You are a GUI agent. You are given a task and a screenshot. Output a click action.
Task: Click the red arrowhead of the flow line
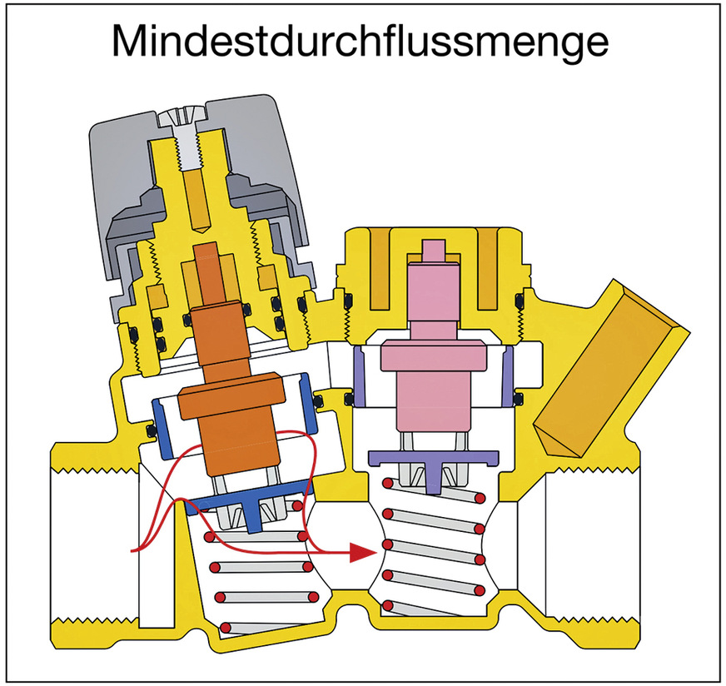pyautogui.click(x=360, y=552)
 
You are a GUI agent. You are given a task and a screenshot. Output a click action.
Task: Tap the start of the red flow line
pyautogui.click(x=133, y=550)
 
